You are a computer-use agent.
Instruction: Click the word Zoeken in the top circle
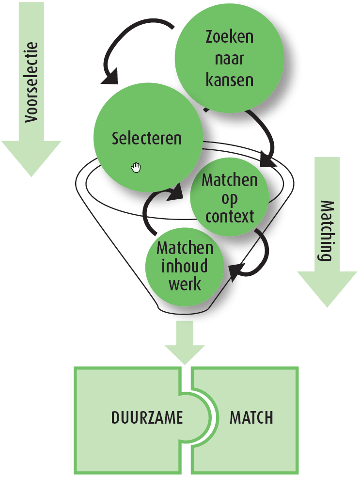click(x=229, y=37)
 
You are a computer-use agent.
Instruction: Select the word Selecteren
click(x=147, y=138)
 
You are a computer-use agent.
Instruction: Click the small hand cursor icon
click(x=136, y=168)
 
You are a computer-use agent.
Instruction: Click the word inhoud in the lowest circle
click(x=185, y=266)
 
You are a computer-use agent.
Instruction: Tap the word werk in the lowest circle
click(x=185, y=284)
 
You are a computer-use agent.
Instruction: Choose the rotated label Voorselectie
click(x=31, y=83)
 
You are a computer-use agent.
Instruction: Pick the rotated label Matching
click(x=326, y=230)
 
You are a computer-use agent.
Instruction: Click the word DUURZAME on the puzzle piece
click(x=147, y=417)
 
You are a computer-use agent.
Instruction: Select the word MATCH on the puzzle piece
click(x=251, y=417)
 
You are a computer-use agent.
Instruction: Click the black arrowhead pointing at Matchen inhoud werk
click(x=234, y=271)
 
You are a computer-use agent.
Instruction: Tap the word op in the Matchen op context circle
click(x=230, y=198)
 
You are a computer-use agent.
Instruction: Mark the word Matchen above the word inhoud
click(x=185, y=248)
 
